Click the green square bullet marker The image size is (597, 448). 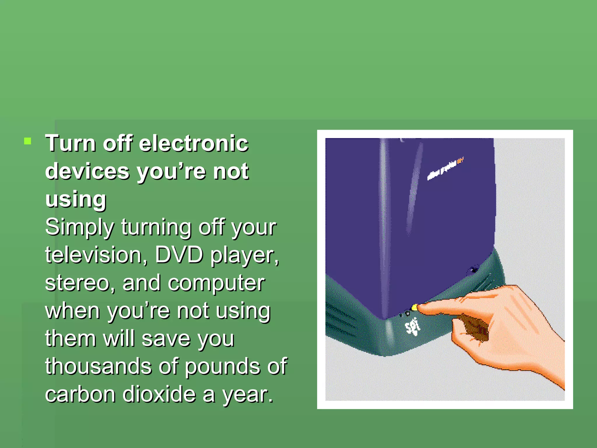[28, 141]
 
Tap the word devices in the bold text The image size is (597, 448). [87, 171]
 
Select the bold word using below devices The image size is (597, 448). [76, 199]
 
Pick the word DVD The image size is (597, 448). [179, 255]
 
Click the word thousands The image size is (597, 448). [99, 366]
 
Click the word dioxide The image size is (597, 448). [159, 394]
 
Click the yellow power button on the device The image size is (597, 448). [414, 307]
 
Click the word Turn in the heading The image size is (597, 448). [71, 143]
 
